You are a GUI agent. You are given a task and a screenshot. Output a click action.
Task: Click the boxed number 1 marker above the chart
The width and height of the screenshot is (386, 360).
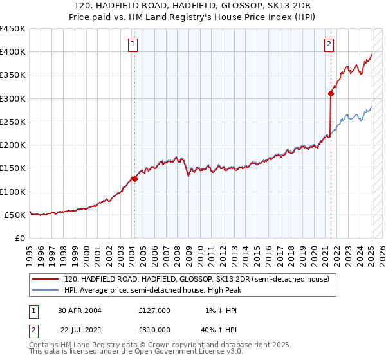click(133, 44)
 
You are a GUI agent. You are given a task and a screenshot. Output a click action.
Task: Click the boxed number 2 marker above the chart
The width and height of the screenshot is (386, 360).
click(329, 44)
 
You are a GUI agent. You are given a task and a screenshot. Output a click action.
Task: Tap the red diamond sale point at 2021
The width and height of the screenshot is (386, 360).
click(331, 93)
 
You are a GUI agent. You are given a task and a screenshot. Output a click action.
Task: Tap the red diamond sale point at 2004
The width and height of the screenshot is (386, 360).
click(135, 179)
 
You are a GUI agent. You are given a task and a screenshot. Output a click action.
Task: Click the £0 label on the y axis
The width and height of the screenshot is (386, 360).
click(21, 238)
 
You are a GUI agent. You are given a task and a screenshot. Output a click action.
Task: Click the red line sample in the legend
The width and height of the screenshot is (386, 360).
click(45, 279)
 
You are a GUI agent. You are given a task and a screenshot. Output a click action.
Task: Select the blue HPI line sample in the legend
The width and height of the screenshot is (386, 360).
click(45, 290)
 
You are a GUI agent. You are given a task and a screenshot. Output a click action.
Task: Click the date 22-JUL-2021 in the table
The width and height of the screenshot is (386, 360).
click(83, 329)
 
